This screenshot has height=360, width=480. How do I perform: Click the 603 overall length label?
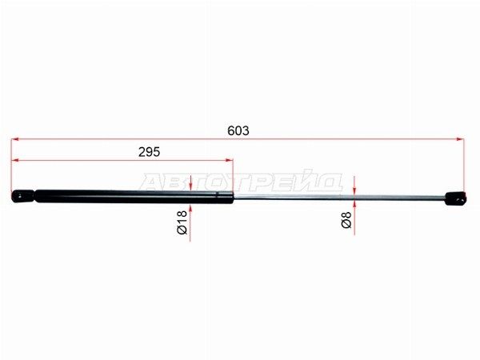point(238,130)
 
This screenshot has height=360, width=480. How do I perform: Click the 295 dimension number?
point(149,152)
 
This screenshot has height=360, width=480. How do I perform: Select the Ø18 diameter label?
point(182,222)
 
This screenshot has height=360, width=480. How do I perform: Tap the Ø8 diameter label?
point(346,219)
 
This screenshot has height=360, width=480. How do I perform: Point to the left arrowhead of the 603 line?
point(15,139)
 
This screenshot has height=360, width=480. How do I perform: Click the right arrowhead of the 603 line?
point(460,139)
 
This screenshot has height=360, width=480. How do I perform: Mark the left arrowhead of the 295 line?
point(15,160)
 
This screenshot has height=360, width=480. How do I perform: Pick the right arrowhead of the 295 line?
point(230,160)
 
